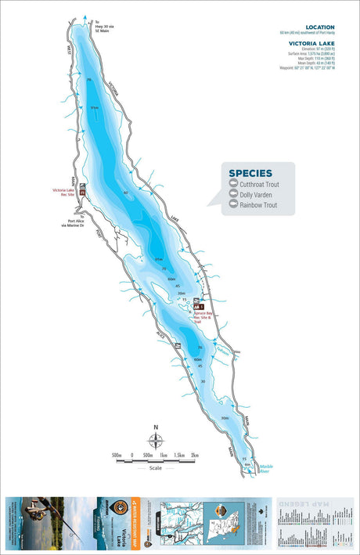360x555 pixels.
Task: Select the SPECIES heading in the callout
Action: coord(250,173)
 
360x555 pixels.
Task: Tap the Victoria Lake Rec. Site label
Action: coord(64,193)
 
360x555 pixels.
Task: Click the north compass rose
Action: coord(155,441)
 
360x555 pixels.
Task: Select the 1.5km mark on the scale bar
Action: coord(179,455)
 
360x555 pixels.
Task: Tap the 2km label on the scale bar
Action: coord(195,455)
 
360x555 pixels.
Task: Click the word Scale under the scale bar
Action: coord(155,469)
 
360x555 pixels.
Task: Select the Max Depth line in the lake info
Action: coord(319,61)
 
